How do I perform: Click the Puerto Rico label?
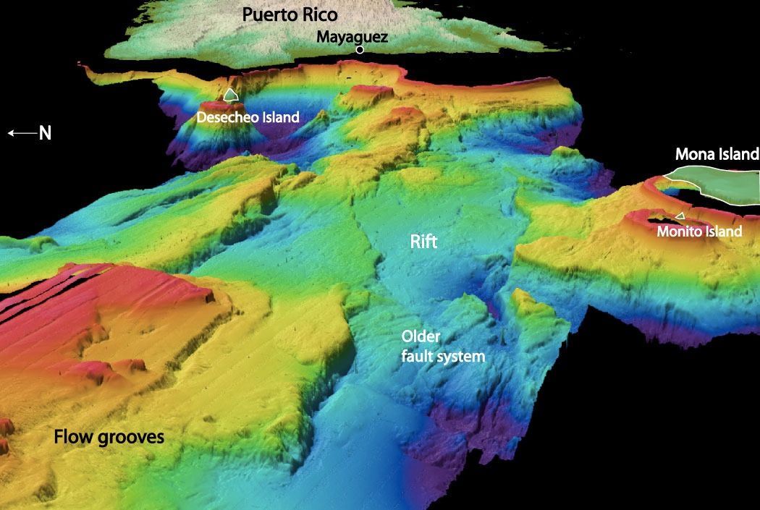[290, 14]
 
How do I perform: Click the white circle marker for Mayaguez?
[360, 50]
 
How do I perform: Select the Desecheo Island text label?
[248, 116]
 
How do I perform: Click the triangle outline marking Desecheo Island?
[231, 94]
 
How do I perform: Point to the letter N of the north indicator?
[45, 133]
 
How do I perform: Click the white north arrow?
[20, 133]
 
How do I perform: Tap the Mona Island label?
[716, 154]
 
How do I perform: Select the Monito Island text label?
[699, 231]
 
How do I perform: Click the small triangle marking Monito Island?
[679, 216]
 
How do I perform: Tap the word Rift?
[423, 242]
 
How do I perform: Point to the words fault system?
[443, 356]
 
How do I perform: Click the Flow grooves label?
[109, 437]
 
